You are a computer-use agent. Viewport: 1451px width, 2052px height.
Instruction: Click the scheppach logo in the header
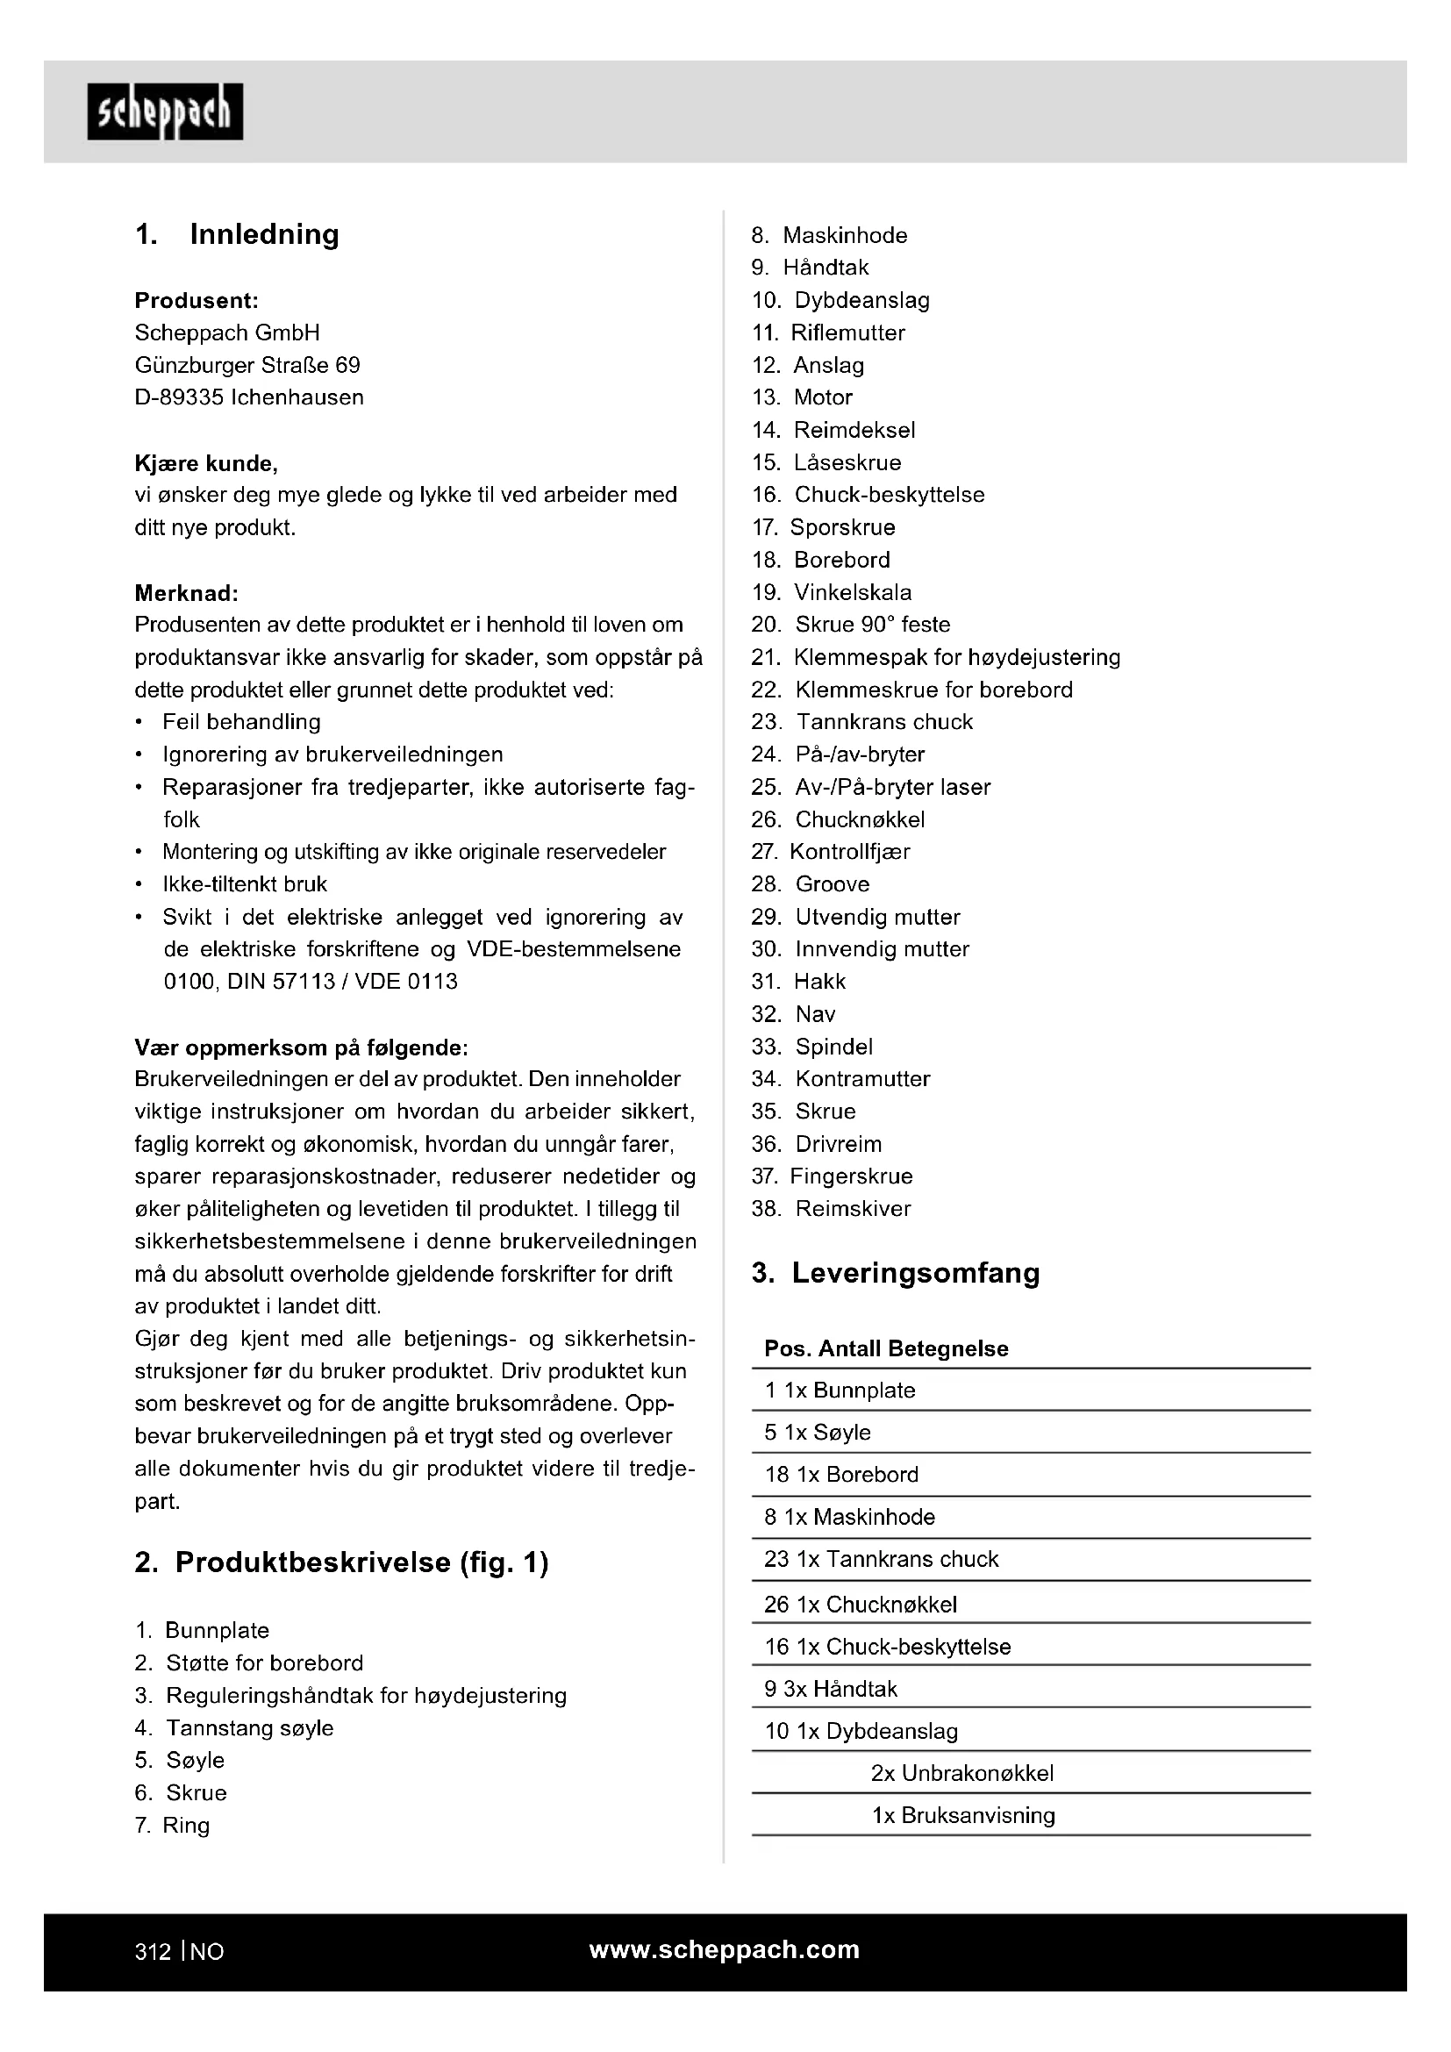165,111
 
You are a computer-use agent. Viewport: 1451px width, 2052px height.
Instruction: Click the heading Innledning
263,234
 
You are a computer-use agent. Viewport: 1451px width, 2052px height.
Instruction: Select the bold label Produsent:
197,300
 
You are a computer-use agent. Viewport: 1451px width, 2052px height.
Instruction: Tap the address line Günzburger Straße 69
247,365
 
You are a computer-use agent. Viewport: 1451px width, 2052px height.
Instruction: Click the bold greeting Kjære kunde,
206,463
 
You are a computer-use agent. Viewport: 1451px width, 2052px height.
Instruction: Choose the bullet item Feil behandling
241,721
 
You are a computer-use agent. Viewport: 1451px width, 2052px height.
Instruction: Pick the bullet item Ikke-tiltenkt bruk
245,884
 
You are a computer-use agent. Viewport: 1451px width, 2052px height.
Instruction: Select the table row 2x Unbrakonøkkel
962,1773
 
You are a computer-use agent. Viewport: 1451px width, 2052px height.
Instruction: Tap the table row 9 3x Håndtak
831,1688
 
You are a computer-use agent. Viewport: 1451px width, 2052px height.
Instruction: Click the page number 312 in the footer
153,1952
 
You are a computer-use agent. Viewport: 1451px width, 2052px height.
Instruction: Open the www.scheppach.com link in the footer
724,1950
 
